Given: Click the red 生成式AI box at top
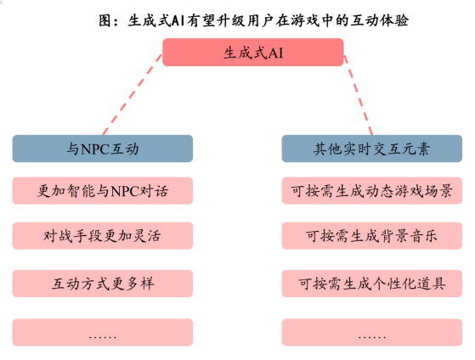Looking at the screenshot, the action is (x=253, y=52).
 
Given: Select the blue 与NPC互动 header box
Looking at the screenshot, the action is (x=102, y=149).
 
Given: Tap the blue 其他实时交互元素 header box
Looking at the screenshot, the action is (x=372, y=149).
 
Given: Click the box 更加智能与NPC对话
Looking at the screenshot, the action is (x=102, y=191).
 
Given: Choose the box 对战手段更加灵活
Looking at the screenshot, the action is (x=102, y=235).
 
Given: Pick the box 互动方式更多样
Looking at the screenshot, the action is (x=102, y=284).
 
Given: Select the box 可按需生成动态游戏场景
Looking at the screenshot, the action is (x=372, y=191).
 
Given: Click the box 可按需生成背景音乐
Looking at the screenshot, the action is (x=372, y=235).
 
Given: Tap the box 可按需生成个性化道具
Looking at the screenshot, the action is (x=372, y=284).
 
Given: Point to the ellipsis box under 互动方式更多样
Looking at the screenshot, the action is (x=102, y=332).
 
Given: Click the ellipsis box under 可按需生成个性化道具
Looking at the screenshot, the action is (x=372, y=332).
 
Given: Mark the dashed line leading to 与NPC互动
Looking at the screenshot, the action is (x=133, y=94).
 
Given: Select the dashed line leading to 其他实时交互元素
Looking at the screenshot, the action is (x=358, y=94).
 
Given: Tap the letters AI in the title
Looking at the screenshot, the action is (x=178, y=20).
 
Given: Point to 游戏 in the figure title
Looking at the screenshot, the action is (x=305, y=20).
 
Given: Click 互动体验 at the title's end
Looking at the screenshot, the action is (x=380, y=20).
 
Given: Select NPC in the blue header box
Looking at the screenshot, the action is (x=95, y=149).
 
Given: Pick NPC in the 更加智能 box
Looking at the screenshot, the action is (x=124, y=191).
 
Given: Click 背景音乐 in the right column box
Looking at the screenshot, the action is (x=409, y=236).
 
